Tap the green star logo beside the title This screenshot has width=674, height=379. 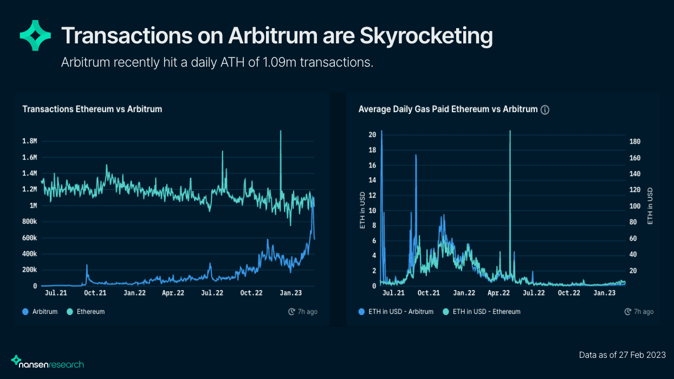35,35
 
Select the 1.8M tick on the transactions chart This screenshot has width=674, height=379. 29,141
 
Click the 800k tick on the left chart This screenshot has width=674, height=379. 29,222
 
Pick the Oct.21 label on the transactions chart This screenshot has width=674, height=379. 96,293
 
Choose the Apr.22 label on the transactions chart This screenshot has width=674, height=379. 174,293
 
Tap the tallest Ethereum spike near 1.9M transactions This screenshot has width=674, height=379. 281,132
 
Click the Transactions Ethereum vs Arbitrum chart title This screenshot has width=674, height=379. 92,109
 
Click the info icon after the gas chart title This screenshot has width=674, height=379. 545,110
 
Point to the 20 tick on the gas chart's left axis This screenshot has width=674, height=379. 372,134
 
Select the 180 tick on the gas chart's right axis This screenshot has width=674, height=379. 635,142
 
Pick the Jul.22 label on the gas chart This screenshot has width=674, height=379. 534,293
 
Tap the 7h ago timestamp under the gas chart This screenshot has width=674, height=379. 639,312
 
